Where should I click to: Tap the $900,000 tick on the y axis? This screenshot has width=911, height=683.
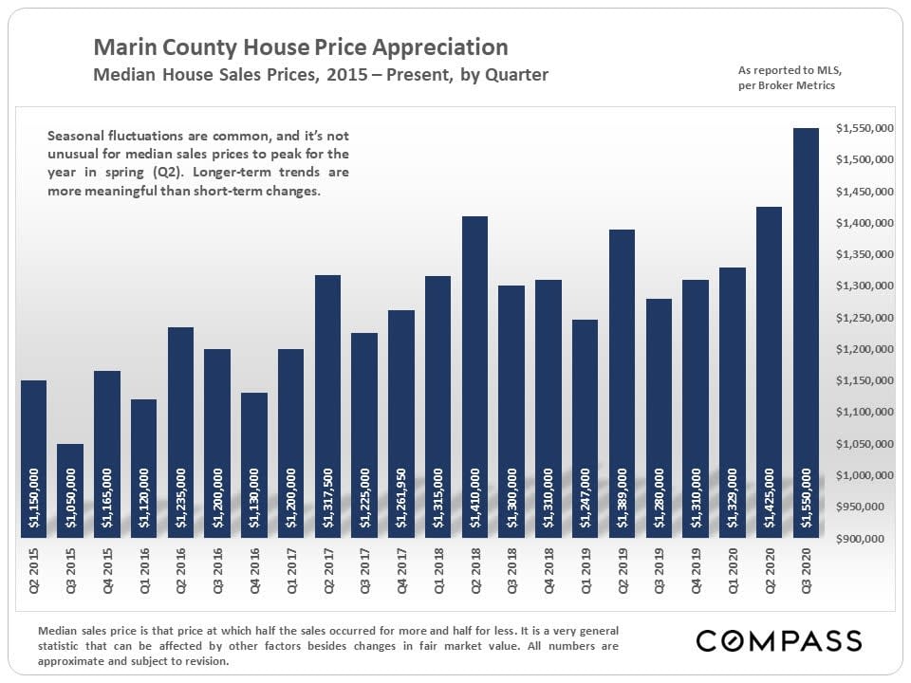pyautogui.click(x=868, y=539)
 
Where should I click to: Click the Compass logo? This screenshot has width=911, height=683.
pyautogui.click(x=779, y=640)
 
